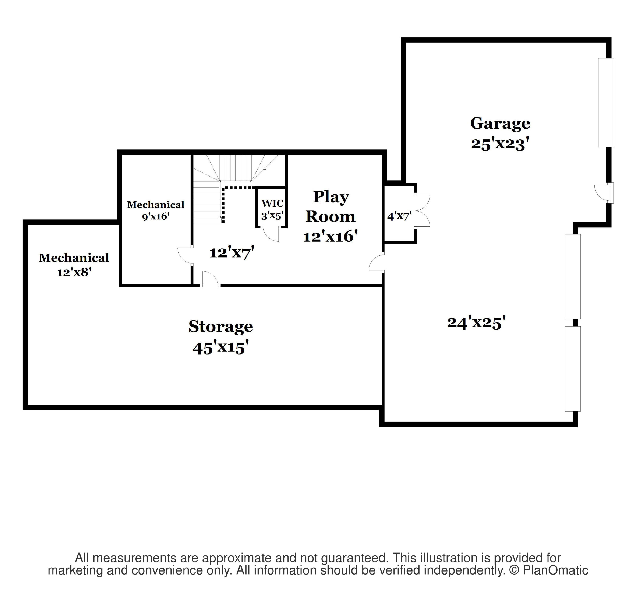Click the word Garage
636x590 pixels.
pyautogui.click(x=500, y=123)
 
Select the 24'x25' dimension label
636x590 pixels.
pyautogui.click(x=476, y=323)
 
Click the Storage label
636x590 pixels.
pyautogui.click(x=220, y=326)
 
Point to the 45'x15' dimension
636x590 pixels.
pyautogui.click(x=220, y=348)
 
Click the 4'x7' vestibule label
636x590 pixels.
pyautogui.click(x=399, y=216)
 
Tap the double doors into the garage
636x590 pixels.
pyautogui.click(x=423, y=211)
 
